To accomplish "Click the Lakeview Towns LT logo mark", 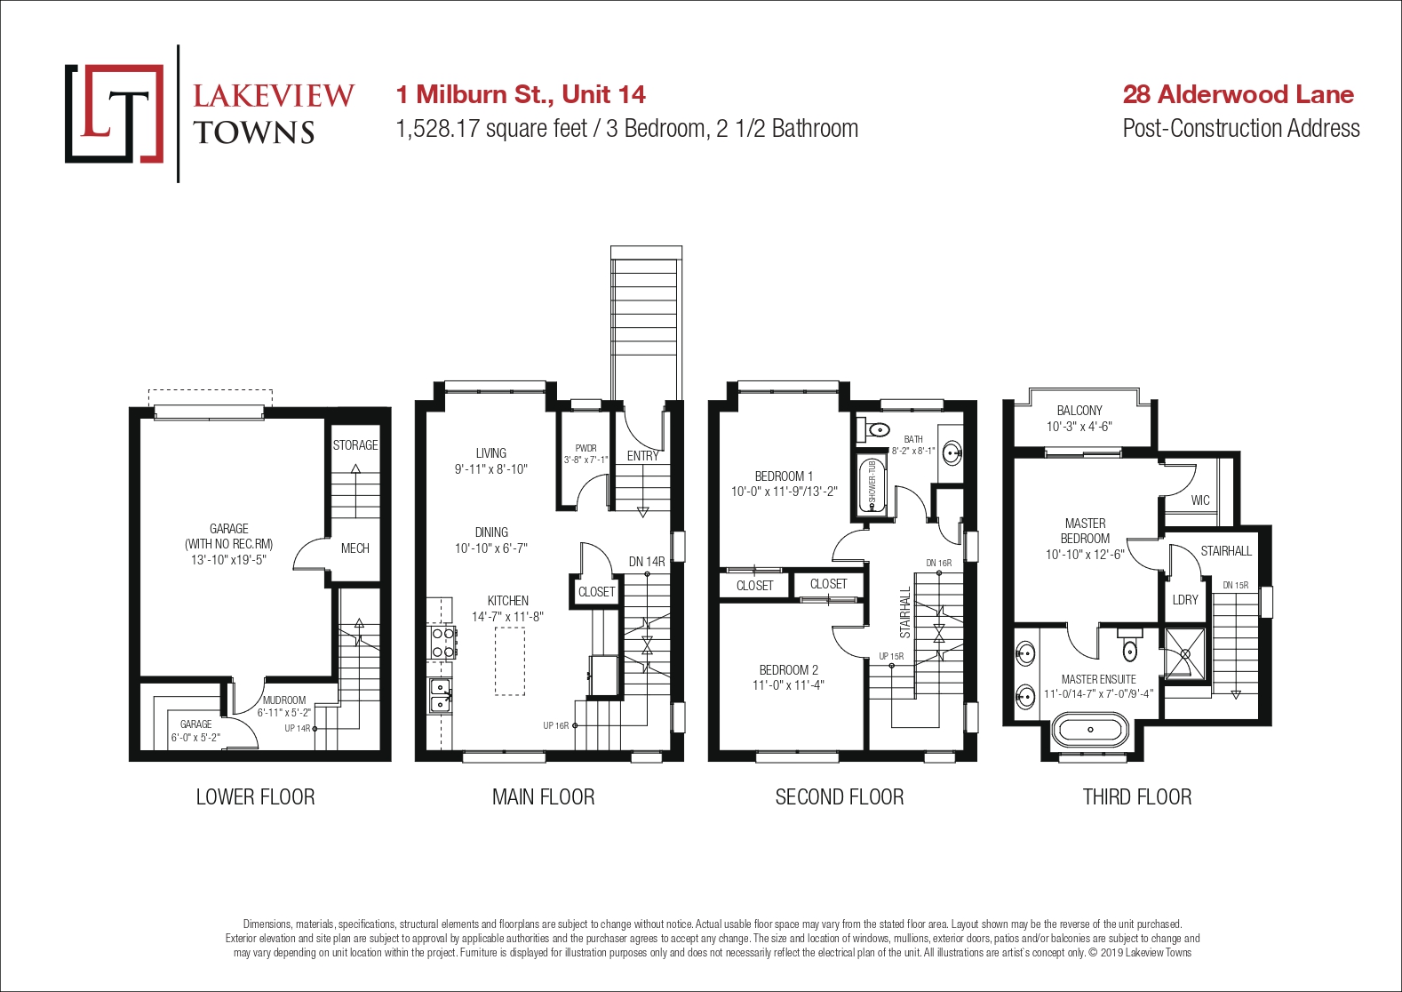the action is tap(114, 114).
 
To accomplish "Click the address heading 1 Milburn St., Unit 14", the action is tap(520, 94).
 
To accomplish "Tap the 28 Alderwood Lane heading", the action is tap(1238, 94).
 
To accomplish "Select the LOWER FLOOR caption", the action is tap(255, 797).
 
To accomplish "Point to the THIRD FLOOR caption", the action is tap(1137, 797).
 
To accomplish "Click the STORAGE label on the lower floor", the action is tap(354, 445).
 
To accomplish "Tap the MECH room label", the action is tap(354, 548).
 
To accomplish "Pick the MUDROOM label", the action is tap(284, 700).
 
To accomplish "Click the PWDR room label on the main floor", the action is tap(585, 448).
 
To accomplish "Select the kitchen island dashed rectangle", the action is tap(510, 661).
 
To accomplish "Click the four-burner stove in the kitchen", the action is tap(442, 644).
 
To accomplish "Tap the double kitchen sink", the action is tap(441, 696).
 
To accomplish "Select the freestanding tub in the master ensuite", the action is tap(1091, 730).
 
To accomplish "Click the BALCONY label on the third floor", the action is tap(1079, 411).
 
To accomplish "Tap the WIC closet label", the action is tap(1200, 500).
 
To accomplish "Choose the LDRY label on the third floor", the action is tap(1185, 600).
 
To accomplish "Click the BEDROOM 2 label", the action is tap(789, 670).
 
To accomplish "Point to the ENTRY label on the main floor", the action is tap(642, 457).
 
